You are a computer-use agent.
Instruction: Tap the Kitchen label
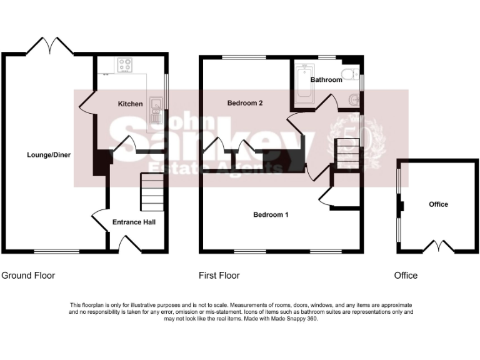(x=131, y=104)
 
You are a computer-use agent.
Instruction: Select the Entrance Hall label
(x=134, y=222)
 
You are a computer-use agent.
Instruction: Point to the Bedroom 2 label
(x=244, y=103)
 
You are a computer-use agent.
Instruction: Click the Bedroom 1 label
(x=271, y=215)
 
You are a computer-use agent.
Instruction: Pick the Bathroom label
(x=326, y=80)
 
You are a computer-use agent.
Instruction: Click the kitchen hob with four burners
(x=125, y=64)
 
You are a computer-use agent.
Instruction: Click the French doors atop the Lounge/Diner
(x=51, y=46)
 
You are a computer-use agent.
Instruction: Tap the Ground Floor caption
(x=28, y=275)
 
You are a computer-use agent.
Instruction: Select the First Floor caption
(x=219, y=275)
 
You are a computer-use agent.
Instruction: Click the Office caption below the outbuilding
(x=406, y=275)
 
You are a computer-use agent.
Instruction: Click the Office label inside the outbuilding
(x=438, y=204)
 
